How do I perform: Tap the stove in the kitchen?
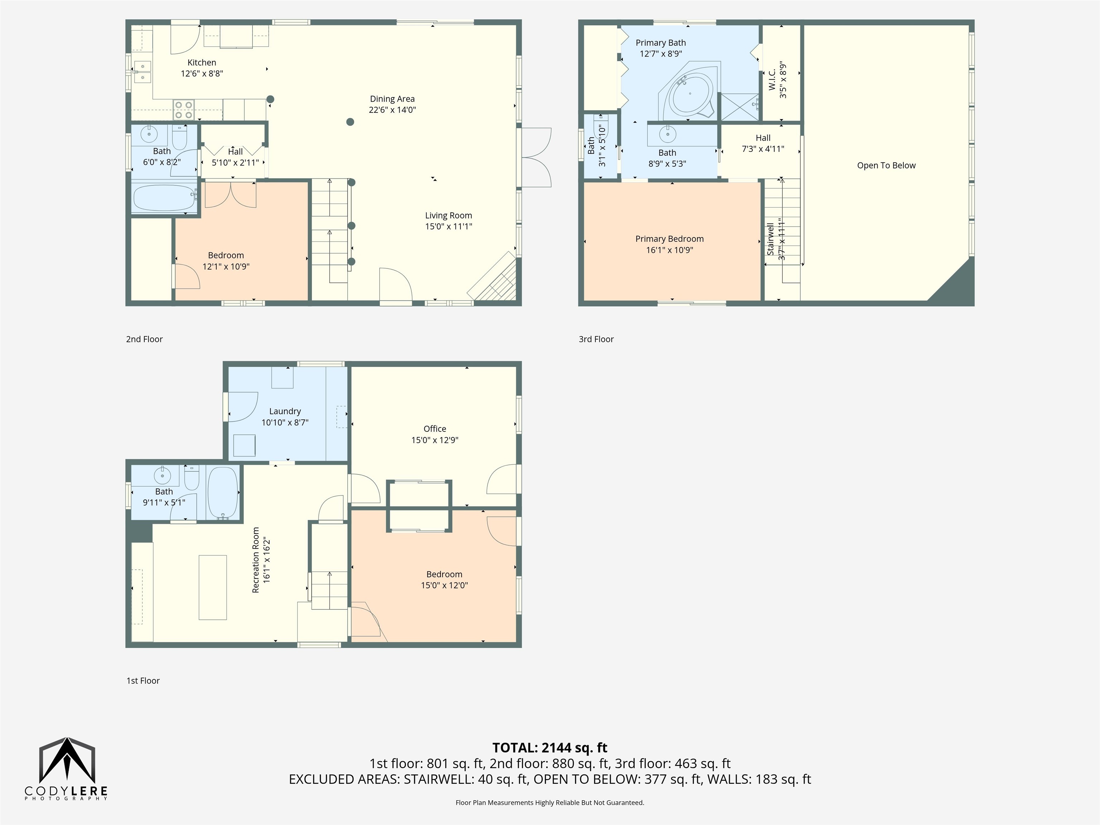coord(183,110)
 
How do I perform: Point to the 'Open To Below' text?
coord(886,165)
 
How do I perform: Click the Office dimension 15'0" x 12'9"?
coord(435,440)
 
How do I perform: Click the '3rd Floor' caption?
coord(596,339)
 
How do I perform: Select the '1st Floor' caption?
coord(143,681)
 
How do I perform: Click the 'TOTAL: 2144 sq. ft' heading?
coord(550,748)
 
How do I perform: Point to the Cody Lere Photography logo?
coord(67,769)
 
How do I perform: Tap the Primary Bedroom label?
coord(669,239)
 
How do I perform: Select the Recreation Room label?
coord(256,560)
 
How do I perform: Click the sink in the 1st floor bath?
coord(162,476)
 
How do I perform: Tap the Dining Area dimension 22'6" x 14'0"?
coord(392,110)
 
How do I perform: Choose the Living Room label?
coord(449,215)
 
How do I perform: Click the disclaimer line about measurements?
coord(550,803)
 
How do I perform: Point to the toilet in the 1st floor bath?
coord(192,478)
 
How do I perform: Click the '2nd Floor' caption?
coord(144,339)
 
